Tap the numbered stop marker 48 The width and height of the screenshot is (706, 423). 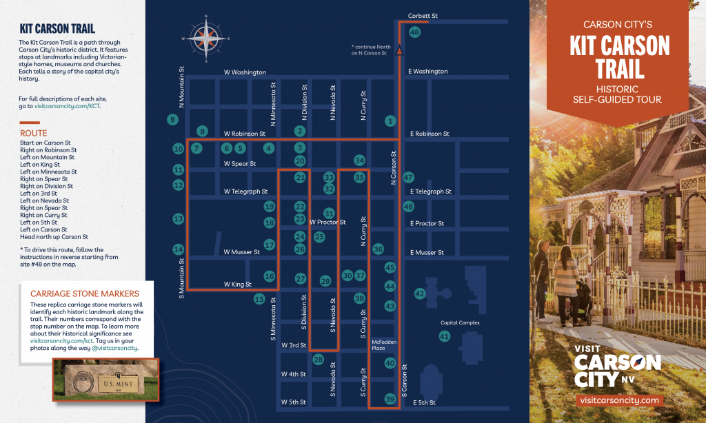click(414, 32)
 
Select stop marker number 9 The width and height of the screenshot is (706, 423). click(172, 119)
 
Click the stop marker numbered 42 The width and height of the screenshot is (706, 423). click(419, 293)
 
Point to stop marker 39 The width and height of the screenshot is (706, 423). click(390, 399)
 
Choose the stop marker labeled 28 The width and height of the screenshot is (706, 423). click(318, 359)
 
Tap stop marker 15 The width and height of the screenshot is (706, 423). click(259, 299)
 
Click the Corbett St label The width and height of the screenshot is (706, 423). click(423, 15)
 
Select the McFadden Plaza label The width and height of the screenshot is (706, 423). click(383, 344)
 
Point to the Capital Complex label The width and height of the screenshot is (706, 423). click(460, 322)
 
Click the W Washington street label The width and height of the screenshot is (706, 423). click(245, 72)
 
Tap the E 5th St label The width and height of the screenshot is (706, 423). click(424, 402)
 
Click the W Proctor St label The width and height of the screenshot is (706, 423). click(327, 222)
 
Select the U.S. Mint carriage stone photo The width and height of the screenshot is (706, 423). click(106, 378)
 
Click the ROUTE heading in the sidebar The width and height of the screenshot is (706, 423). click(33, 133)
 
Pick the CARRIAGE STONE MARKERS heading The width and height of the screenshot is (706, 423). click(80, 293)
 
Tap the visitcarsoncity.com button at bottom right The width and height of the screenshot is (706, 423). click(620, 400)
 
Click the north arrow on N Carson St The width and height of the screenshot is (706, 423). click(399, 49)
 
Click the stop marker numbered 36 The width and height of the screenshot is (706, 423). click(378, 249)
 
